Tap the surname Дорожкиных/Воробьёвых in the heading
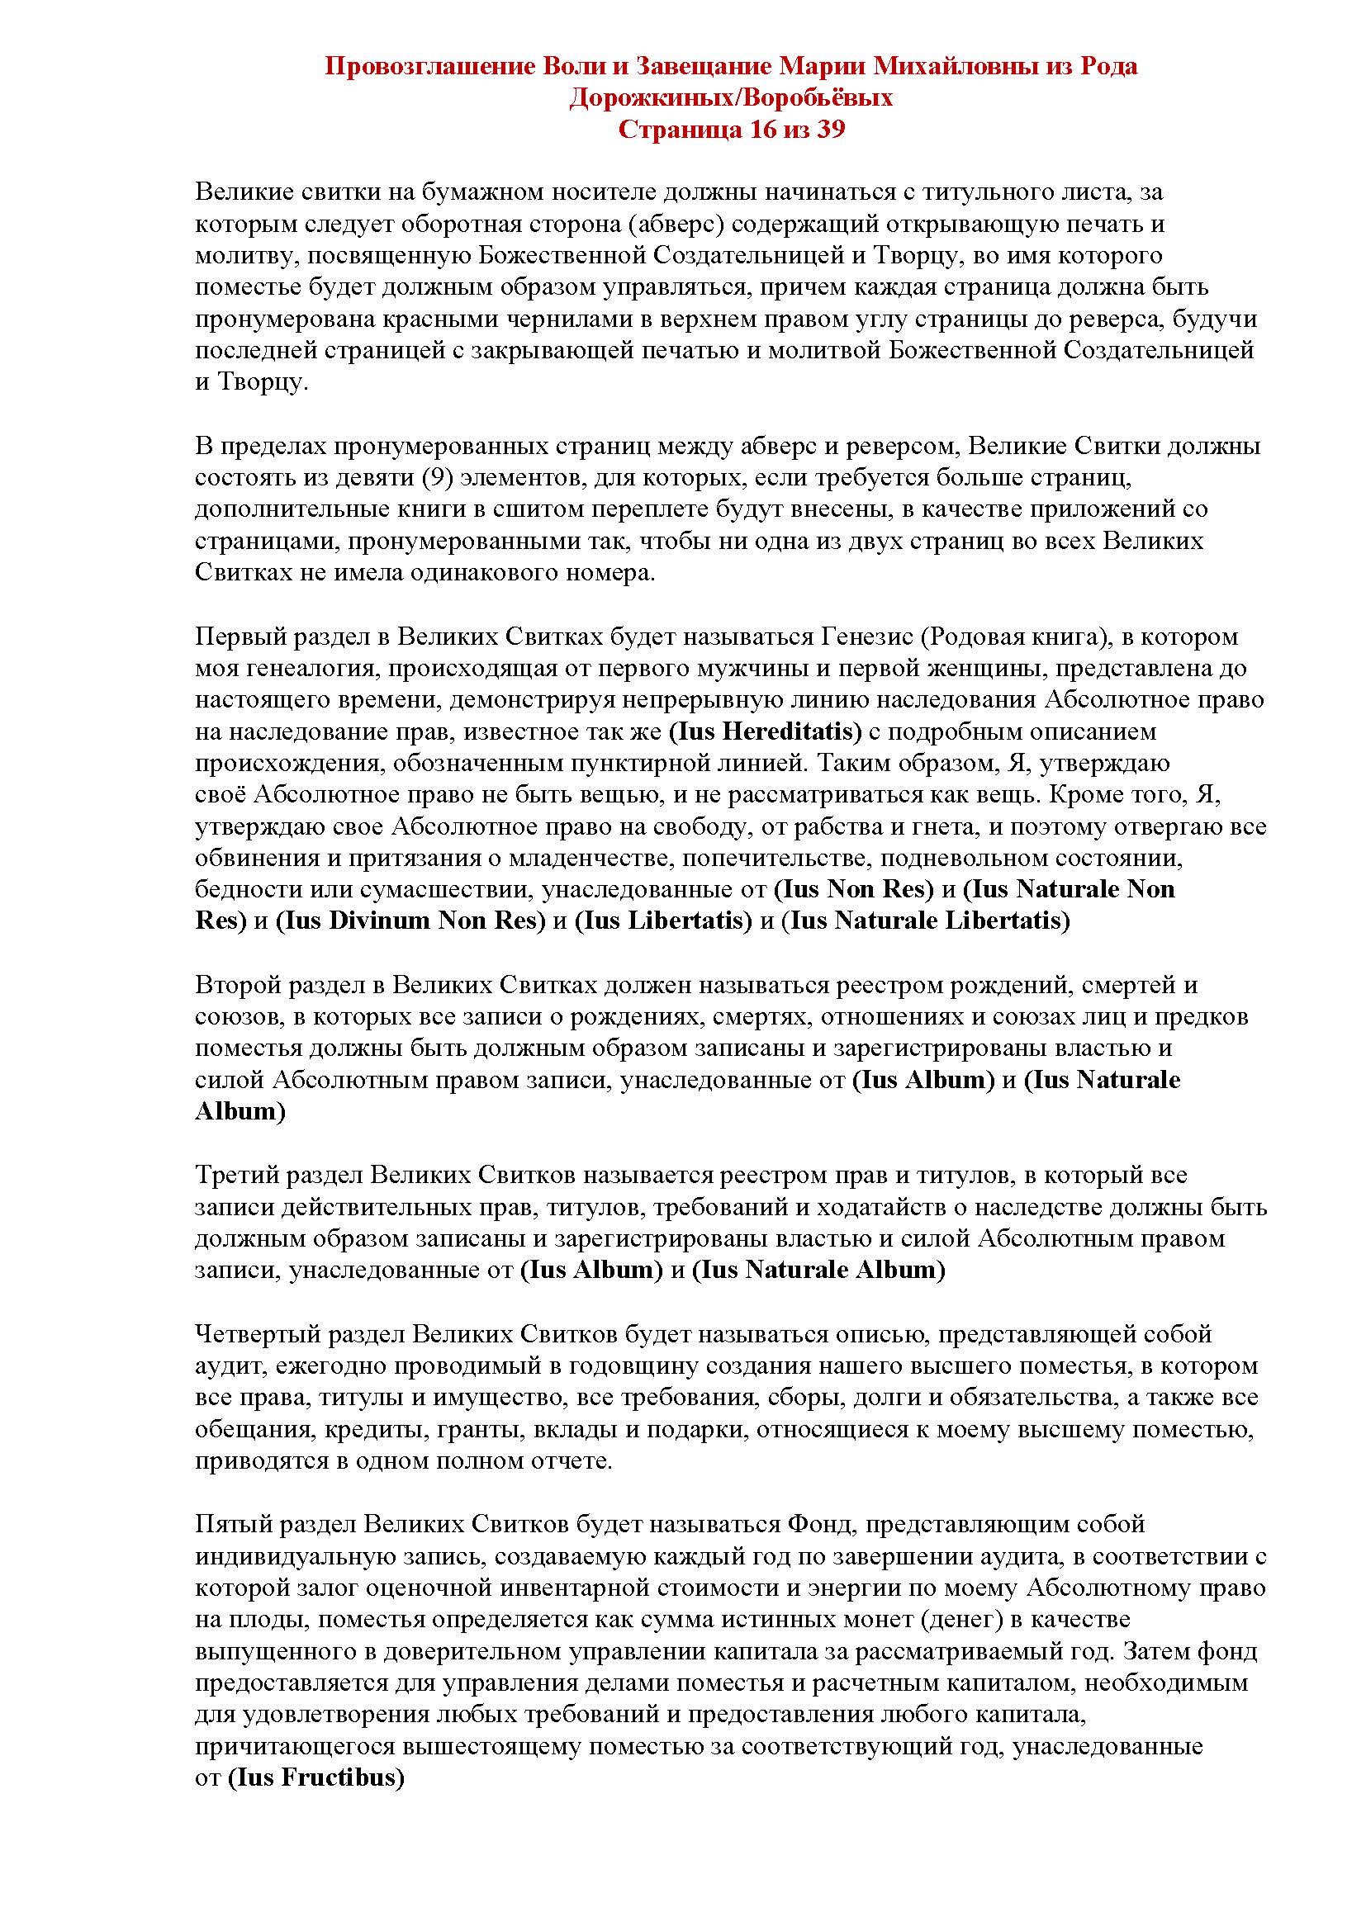(x=731, y=98)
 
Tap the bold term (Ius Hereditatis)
(x=766, y=731)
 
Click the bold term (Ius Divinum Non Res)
(x=406, y=921)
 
